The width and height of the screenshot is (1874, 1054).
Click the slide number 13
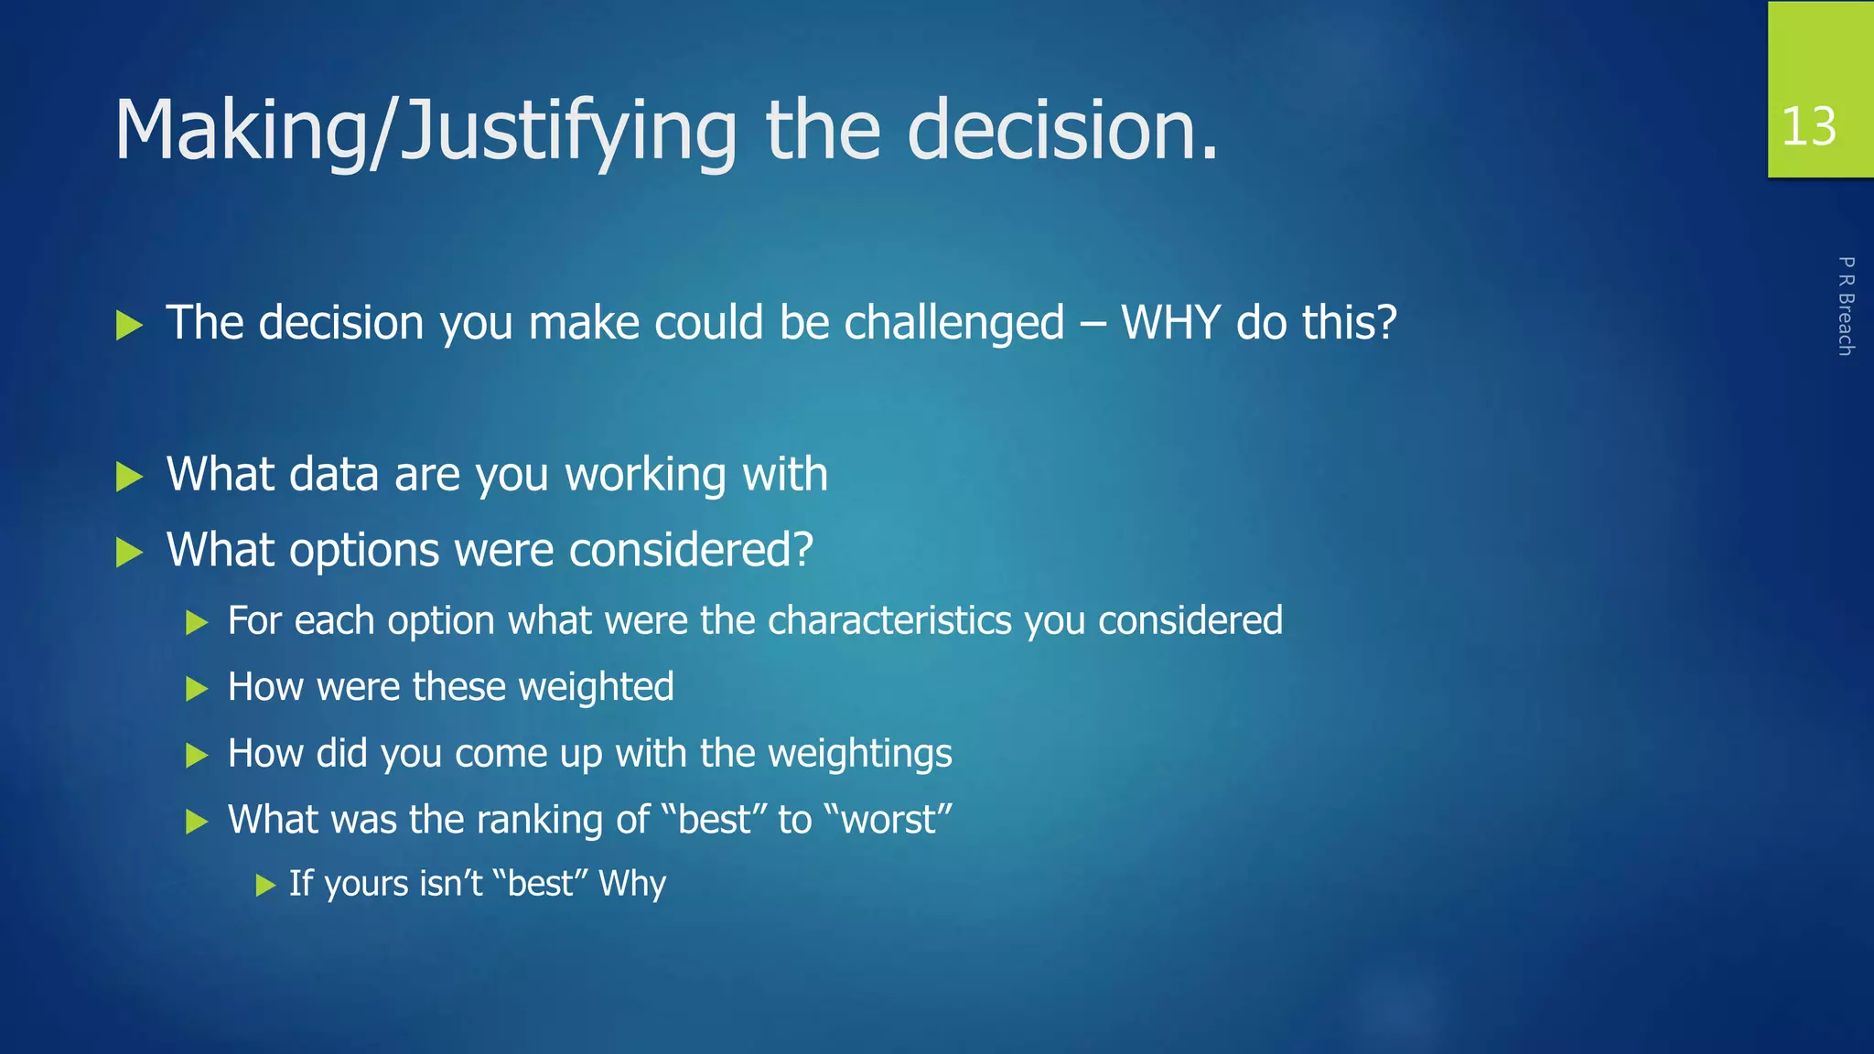[x=1808, y=126]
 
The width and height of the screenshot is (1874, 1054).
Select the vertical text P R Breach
[x=1846, y=306]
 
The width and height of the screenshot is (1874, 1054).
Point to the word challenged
[x=953, y=323]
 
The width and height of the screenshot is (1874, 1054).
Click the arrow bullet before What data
[x=130, y=477]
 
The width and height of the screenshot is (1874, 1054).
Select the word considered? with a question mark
[x=691, y=550]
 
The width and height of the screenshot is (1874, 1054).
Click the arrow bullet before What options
[x=130, y=553]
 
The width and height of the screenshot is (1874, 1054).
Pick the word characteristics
[x=889, y=621]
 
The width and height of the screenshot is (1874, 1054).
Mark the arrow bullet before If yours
[x=265, y=885]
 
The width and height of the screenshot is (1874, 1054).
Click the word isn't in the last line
[x=450, y=884]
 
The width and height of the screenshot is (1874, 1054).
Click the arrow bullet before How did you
[x=197, y=756]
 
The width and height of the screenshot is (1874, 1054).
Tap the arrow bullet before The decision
[x=130, y=325]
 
